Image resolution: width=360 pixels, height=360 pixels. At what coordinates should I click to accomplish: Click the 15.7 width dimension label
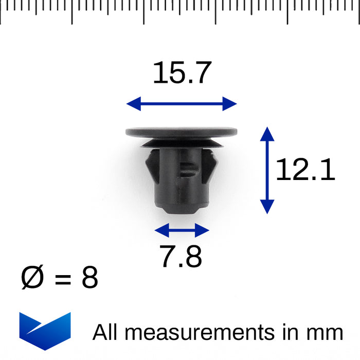point(182,73)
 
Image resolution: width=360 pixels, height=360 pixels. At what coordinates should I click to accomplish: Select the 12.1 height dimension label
point(305,170)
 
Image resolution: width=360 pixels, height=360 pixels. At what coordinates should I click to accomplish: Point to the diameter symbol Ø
point(32,278)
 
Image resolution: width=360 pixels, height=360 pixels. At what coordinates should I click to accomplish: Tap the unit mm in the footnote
point(327,333)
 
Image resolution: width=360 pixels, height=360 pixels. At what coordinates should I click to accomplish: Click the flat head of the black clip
point(182,132)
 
